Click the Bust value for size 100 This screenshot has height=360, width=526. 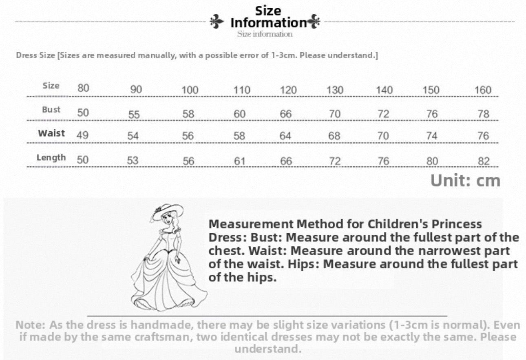[188, 114]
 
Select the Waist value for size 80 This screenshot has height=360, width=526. [82, 135]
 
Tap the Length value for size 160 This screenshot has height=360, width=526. [484, 161]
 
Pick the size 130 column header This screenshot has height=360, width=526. [335, 90]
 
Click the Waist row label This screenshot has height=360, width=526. [51, 133]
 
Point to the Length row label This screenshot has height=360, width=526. [51, 157]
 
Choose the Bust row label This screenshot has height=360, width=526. [51, 110]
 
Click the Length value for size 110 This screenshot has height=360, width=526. [239, 161]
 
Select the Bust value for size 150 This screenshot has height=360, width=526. [432, 114]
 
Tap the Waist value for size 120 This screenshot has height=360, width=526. [285, 136]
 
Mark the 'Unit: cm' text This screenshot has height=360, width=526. [465, 181]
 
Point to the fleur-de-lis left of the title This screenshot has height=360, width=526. [217, 22]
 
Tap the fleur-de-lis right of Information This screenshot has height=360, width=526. [314, 22]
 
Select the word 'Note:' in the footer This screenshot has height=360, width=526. [31, 325]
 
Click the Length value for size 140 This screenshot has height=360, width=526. [383, 161]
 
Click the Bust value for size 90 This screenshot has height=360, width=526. [134, 115]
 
